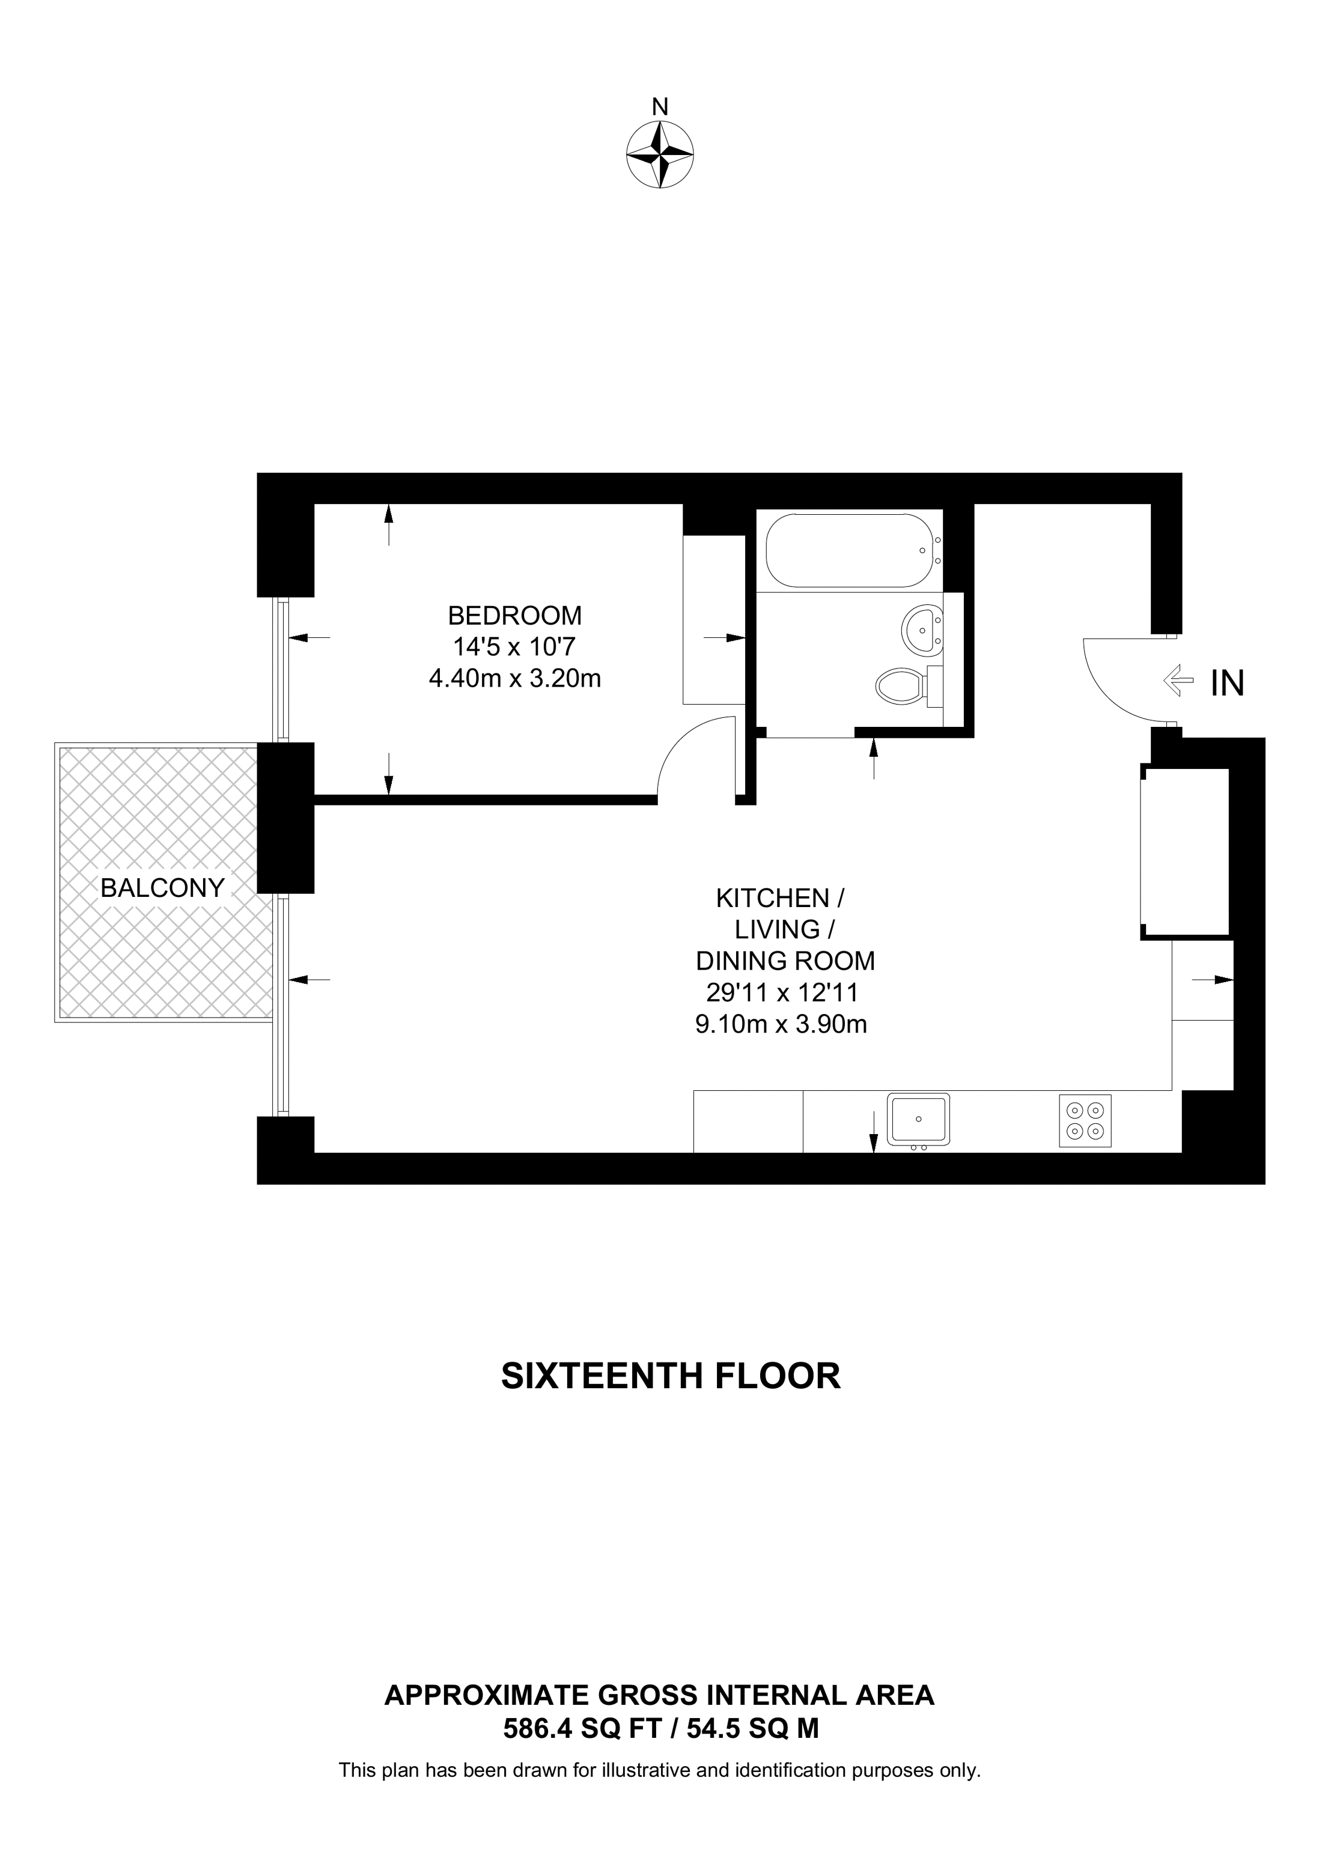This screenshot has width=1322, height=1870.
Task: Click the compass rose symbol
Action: point(660,155)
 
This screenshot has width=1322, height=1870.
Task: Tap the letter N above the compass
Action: point(660,107)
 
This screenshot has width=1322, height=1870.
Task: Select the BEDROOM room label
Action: point(515,615)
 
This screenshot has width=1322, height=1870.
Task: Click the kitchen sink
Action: point(919,1119)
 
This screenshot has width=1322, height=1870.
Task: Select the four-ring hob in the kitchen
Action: point(1085,1121)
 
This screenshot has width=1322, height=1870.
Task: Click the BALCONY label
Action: point(162,888)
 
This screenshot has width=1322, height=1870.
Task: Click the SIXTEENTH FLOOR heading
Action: point(671,1376)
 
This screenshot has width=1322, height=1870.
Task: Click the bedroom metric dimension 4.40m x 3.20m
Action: point(515,678)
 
